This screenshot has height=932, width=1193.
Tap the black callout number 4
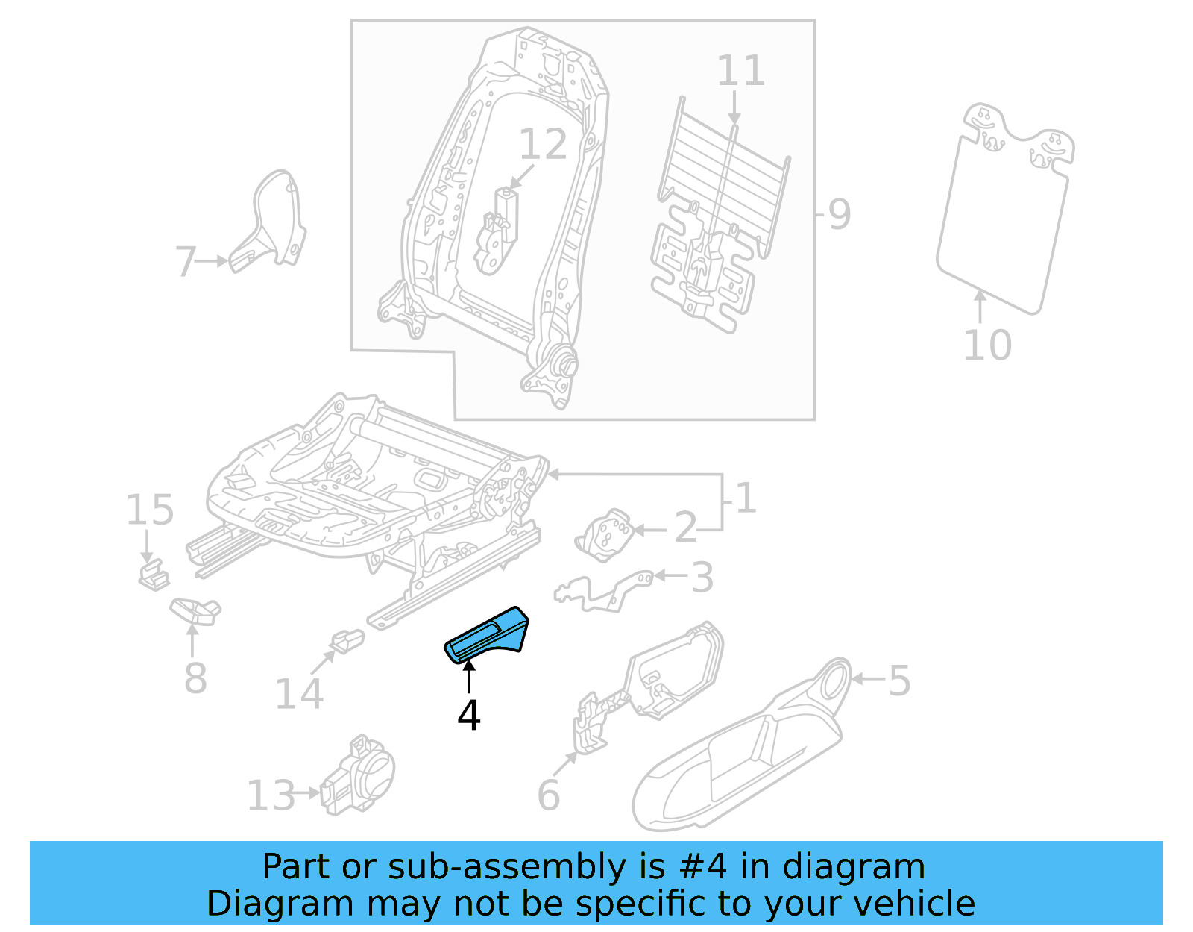pyautogui.click(x=468, y=716)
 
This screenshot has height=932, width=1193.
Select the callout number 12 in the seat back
pyautogui.click(x=543, y=144)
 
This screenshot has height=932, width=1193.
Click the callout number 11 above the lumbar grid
pyautogui.click(x=740, y=71)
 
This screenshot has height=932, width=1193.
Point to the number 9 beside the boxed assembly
pyautogui.click(x=839, y=215)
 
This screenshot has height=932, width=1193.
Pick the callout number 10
pyautogui.click(x=987, y=345)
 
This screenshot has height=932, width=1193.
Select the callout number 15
pyautogui.click(x=149, y=510)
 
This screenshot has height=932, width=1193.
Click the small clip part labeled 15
pyautogui.click(x=153, y=575)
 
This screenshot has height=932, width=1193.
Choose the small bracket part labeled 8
pyautogui.click(x=195, y=610)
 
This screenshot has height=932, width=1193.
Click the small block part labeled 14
pyautogui.click(x=347, y=641)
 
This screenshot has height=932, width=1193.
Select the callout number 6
pyautogui.click(x=548, y=795)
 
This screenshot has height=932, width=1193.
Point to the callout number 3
pyautogui.click(x=702, y=578)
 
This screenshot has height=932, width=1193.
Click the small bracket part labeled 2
pyautogui.click(x=605, y=534)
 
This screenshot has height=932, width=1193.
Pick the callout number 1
pyautogui.click(x=745, y=498)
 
